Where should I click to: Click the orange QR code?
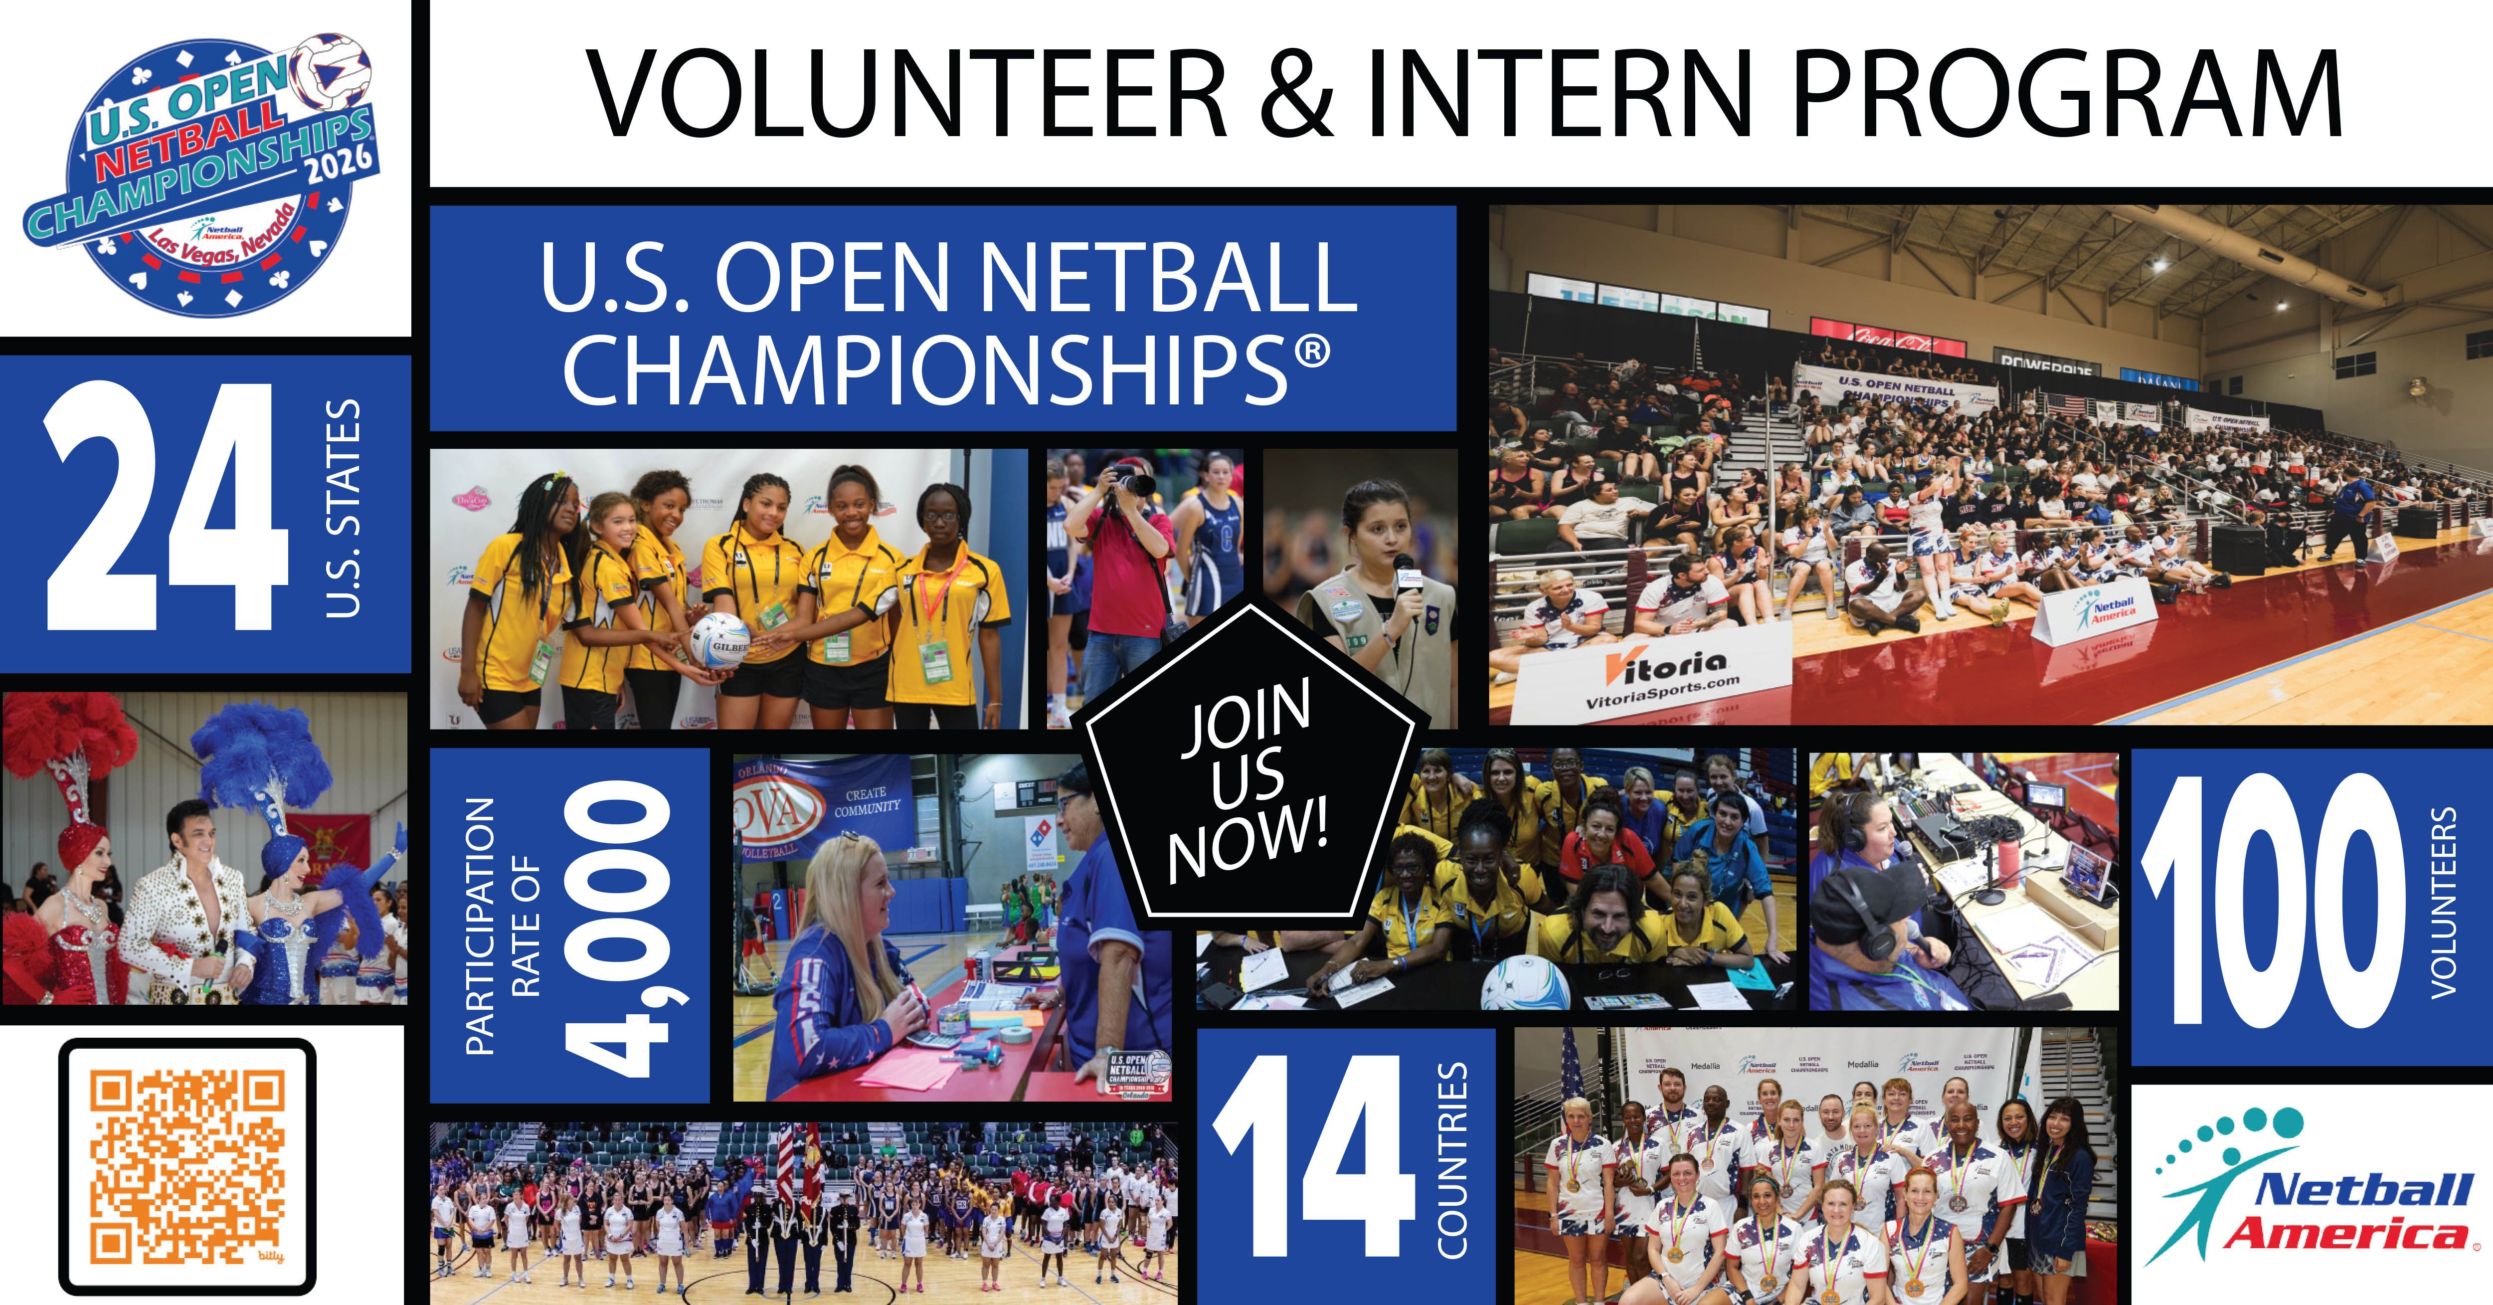point(188,1166)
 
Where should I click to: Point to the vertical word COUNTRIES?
point(1451,1160)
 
